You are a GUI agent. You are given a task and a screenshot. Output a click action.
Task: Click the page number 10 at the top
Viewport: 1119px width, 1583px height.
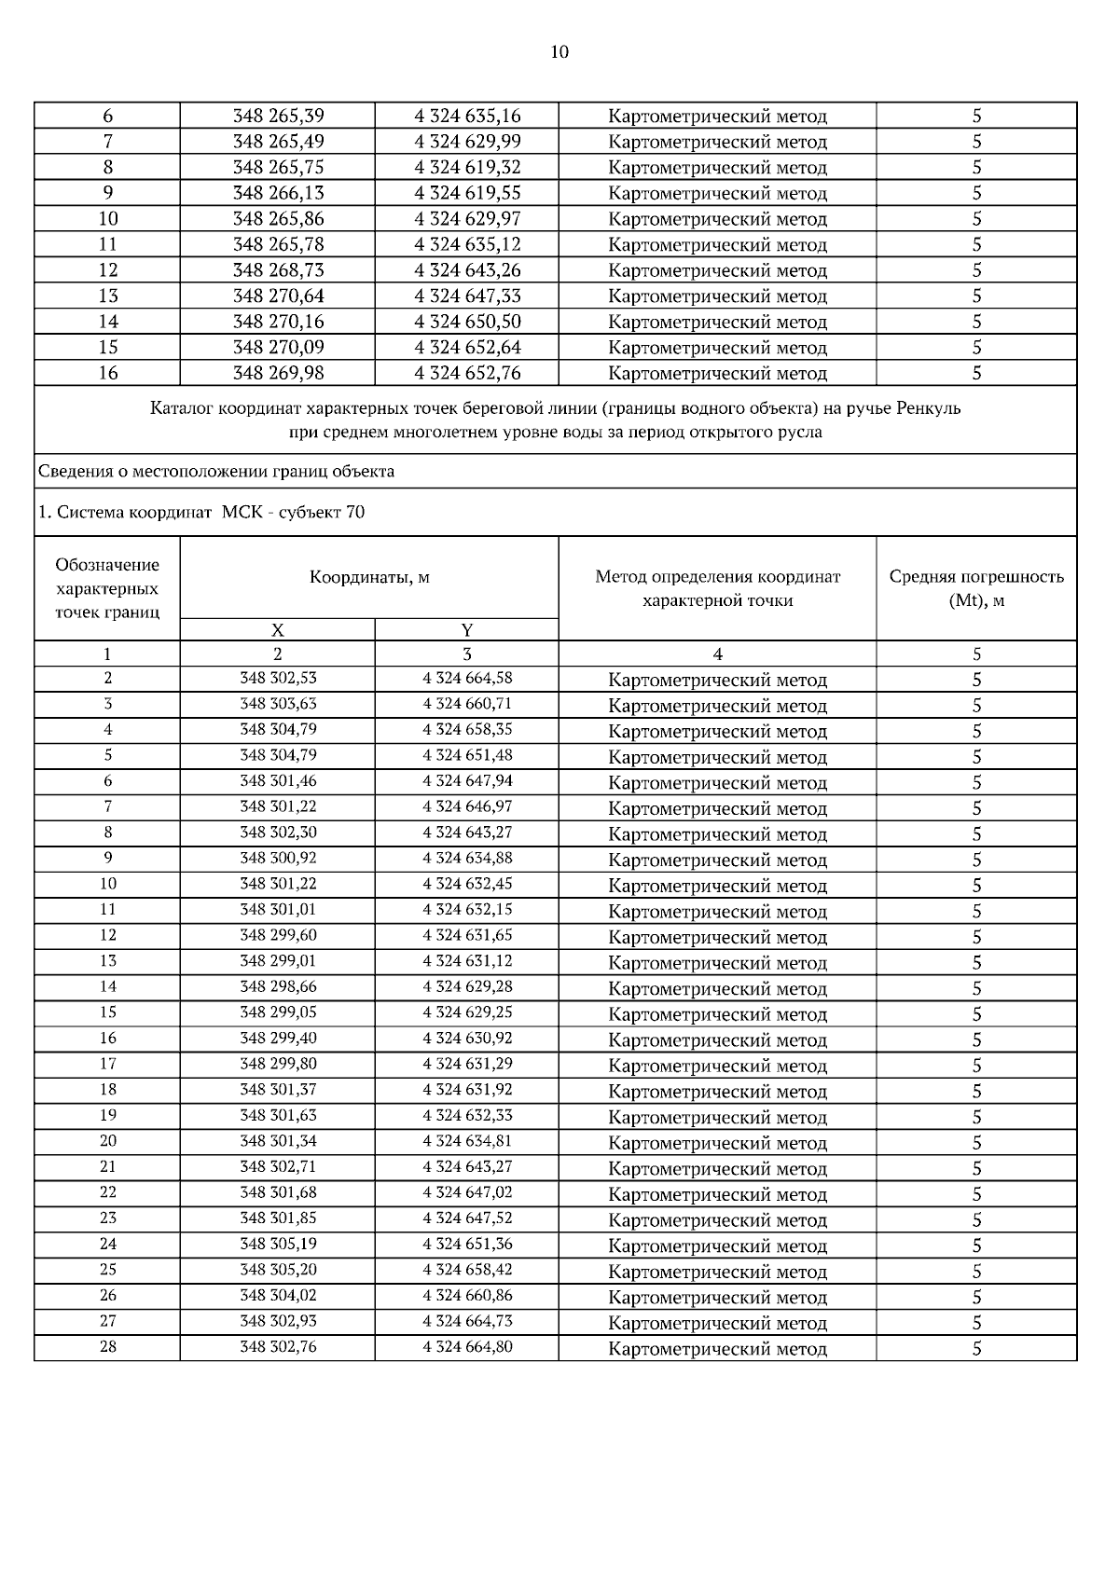tap(559, 52)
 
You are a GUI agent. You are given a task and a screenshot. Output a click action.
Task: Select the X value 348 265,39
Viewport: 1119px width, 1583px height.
tap(278, 117)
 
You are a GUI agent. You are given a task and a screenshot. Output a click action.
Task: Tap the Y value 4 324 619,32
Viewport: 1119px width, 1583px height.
tap(467, 168)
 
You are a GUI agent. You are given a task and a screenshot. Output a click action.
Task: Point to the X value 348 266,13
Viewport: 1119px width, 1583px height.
tap(278, 193)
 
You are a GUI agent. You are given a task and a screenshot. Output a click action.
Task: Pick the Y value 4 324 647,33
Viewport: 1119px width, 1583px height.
tap(467, 296)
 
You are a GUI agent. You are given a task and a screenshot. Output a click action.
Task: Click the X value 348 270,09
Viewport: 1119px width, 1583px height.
tap(278, 348)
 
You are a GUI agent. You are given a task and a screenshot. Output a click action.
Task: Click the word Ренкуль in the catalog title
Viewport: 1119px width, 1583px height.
tap(928, 408)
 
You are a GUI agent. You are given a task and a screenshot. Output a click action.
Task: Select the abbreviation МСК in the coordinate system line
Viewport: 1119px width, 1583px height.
tap(243, 513)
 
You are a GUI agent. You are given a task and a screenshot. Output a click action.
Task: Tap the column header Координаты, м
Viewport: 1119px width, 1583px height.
tap(369, 577)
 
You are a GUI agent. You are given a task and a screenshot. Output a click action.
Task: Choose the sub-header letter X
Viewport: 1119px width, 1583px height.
tap(278, 630)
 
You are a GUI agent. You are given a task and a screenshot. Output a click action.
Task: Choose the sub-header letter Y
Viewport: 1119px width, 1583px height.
tap(467, 630)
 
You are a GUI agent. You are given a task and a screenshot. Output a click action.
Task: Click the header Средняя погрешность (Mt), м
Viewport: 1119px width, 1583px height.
tap(976, 588)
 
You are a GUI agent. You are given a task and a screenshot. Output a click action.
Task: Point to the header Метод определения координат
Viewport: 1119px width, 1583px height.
tap(717, 577)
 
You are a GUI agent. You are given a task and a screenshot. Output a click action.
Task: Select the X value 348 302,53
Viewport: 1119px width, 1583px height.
tap(278, 678)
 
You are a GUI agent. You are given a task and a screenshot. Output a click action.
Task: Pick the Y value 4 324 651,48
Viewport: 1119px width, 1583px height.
tap(467, 755)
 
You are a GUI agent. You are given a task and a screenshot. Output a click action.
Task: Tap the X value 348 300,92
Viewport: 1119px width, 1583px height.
tap(278, 858)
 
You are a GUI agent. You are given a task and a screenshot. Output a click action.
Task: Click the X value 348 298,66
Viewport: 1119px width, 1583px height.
tap(278, 986)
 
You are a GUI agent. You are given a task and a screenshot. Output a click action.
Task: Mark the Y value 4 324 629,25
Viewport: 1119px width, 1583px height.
tap(467, 1012)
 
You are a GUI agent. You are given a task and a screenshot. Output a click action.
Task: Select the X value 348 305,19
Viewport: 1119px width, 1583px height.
tap(278, 1244)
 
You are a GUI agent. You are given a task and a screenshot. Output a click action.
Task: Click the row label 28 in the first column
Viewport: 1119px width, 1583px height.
tap(108, 1346)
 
